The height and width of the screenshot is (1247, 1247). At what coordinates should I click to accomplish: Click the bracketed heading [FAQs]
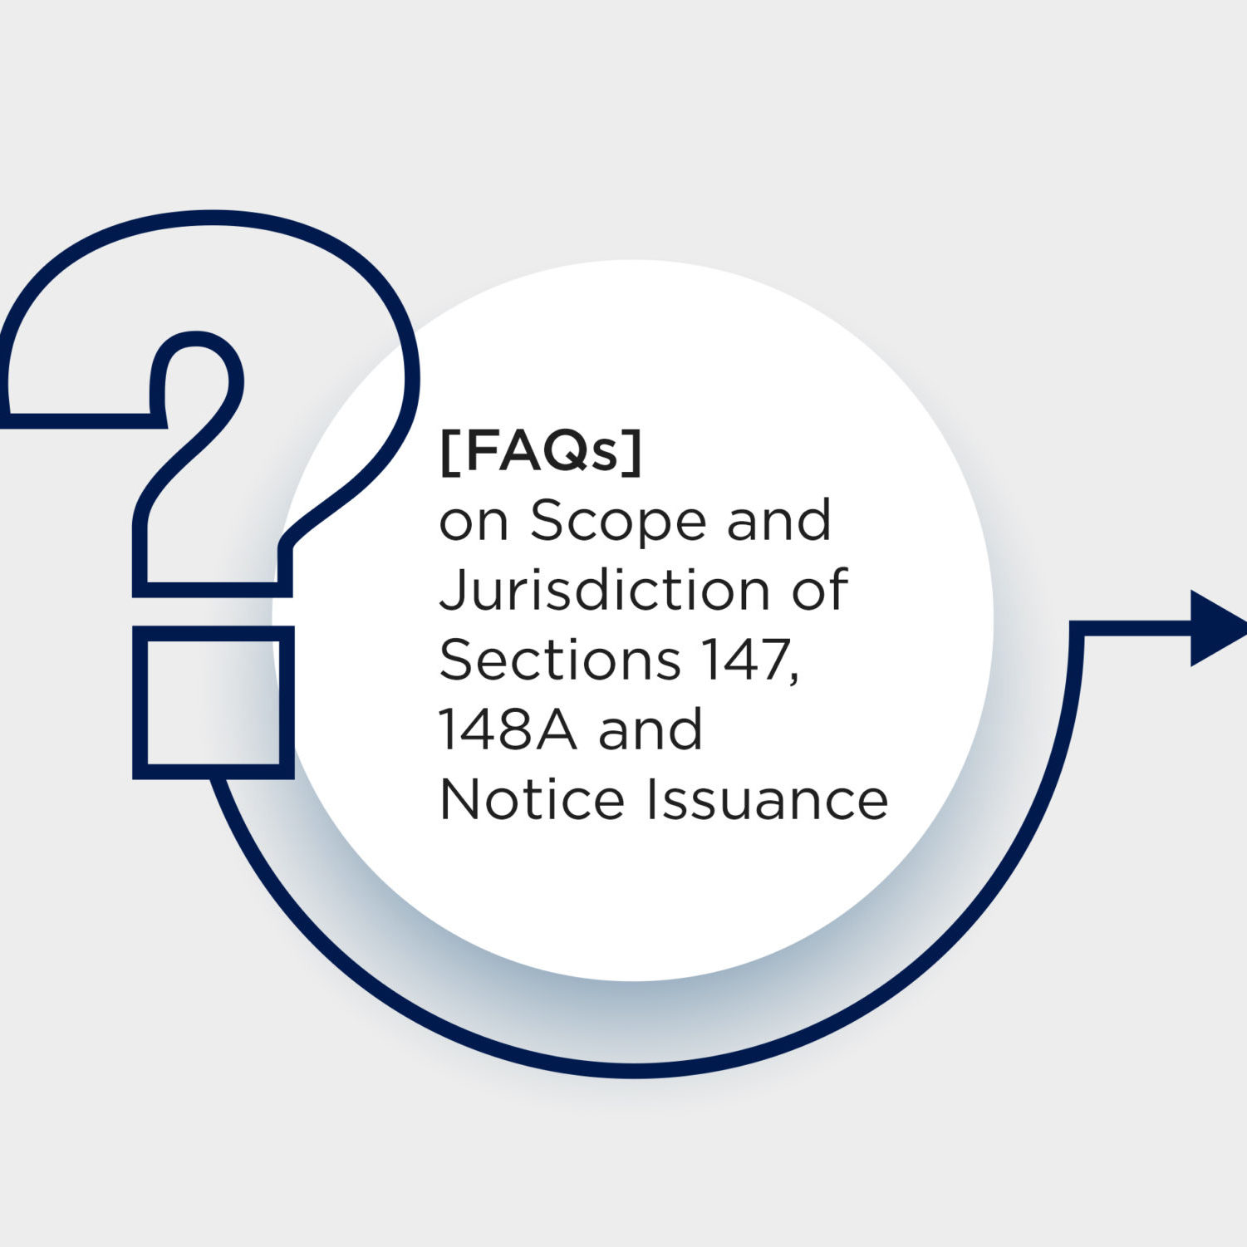pos(541,453)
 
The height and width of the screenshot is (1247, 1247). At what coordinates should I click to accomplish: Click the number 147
pos(745,660)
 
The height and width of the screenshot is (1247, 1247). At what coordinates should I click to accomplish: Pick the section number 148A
pos(507,729)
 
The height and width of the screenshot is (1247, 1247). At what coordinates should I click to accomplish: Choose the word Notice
pos(532,799)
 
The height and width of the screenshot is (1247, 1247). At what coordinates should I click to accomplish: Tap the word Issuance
pos(768,799)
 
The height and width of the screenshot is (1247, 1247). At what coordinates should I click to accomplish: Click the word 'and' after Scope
pos(778,521)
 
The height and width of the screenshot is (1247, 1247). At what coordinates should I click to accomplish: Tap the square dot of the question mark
pos(214,702)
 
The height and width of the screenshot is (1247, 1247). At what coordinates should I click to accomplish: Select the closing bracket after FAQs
pos(635,454)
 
